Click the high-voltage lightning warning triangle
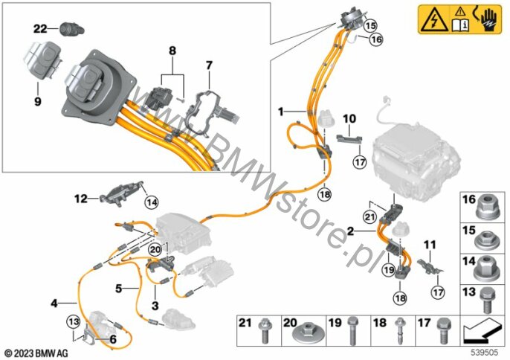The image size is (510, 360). coord(434,21)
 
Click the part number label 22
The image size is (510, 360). coord(40,29)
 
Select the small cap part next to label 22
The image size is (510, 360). coord(72,29)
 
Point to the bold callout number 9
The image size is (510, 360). coord(38,102)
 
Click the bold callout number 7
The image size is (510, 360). coord(209,65)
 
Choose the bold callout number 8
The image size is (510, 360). coord(172,51)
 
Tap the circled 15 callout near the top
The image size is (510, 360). coord(370,25)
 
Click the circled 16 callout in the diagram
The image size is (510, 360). coord(376,39)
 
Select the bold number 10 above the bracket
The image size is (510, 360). coord(349,119)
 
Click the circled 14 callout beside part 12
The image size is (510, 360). coord(152,202)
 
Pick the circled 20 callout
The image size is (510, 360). coord(155,249)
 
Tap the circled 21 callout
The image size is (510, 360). coord(369,217)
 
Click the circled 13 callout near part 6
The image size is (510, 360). coord(73,322)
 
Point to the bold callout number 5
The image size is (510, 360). coord(119,289)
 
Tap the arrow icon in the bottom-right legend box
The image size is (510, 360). coord(482,330)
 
